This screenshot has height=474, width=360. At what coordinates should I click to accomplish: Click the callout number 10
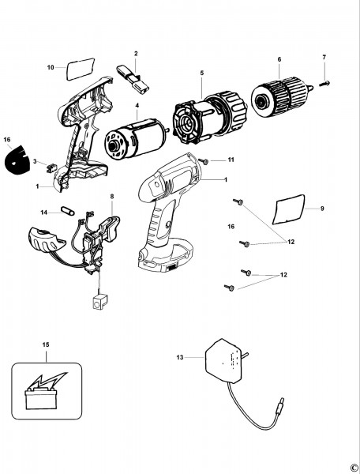click(51, 67)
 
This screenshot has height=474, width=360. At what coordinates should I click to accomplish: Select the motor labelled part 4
click(137, 140)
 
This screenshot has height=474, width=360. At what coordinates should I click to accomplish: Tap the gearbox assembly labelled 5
click(210, 117)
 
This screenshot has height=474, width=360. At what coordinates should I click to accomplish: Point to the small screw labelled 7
click(324, 84)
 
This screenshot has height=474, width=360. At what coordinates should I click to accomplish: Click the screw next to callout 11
click(203, 161)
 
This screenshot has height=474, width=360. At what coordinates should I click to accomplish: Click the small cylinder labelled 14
click(68, 211)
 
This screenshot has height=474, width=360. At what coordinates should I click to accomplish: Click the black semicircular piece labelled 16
click(18, 160)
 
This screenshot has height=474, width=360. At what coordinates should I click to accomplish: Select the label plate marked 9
click(289, 209)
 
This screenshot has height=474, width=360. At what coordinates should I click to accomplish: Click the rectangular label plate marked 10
click(81, 69)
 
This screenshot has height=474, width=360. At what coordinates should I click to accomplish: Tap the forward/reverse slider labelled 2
click(133, 79)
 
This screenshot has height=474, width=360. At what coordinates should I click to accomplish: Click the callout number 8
click(112, 197)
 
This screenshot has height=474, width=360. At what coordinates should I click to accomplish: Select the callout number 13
click(180, 357)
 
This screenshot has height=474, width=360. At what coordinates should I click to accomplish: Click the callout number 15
click(46, 344)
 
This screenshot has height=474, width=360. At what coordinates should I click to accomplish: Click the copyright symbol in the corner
click(354, 468)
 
